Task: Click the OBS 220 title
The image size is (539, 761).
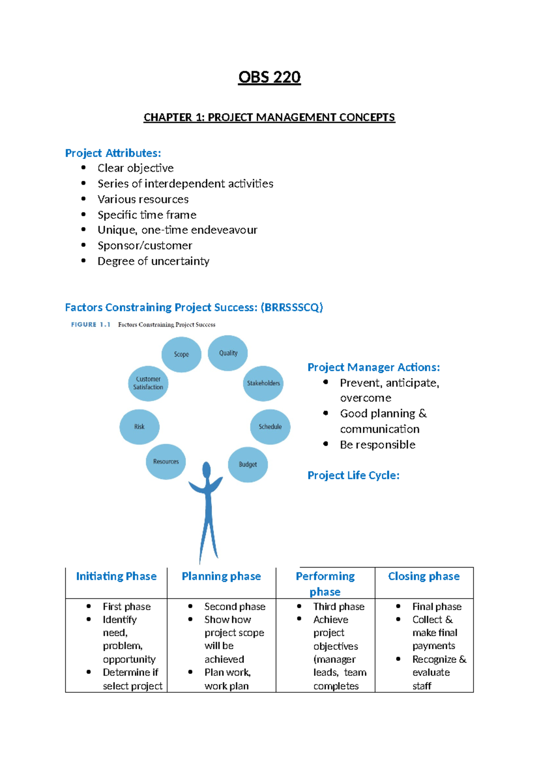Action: [x=269, y=77]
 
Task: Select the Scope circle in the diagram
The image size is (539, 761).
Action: [x=181, y=354]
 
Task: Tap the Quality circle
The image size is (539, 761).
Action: [x=228, y=353]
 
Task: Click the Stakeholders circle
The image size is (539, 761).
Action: [x=263, y=383]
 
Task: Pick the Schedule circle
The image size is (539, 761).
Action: [x=270, y=427]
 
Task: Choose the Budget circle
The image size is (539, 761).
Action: [x=248, y=464]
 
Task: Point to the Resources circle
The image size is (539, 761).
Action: [x=166, y=462]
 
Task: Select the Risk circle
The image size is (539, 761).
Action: [x=139, y=427]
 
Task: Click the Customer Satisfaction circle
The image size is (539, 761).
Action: [x=148, y=383]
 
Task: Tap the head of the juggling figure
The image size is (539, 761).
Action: [x=207, y=470]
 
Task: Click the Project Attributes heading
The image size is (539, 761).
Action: [x=113, y=153]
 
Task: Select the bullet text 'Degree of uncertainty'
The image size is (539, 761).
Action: [x=153, y=261]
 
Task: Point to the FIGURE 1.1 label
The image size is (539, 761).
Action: [x=91, y=324]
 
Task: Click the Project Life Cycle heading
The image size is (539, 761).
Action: [x=353, y=475]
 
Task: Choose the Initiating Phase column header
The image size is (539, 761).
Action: [x=116, y=576]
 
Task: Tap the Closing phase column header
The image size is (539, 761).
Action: [x=424, y=576]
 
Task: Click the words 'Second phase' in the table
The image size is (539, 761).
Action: [x=235, y=607]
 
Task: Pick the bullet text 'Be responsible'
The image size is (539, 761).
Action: [x=377, y=445]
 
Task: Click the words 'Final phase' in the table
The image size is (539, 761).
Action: [x=437, y=607]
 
